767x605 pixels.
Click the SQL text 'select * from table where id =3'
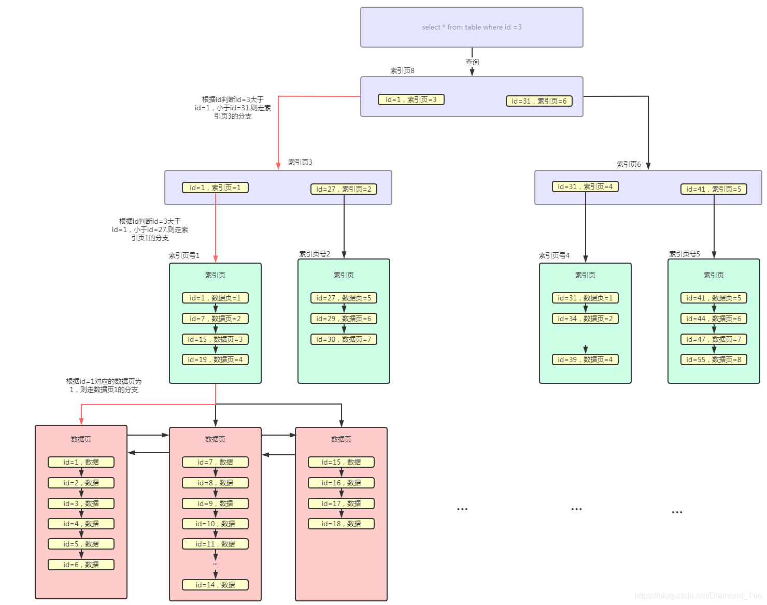pyautogui.click(x=472, y=27)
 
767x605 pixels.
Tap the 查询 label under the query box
pyautogui.click(x=472, y=62)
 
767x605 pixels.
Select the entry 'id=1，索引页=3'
pyautogui.click(x=411, y=99)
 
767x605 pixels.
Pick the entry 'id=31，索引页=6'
pyautogui.click(x=539, y=101)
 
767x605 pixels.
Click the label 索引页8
pyautogui.click(x=402, y=70)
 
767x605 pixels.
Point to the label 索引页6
pyautogui.click(x=629, y=164)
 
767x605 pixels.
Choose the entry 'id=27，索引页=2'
pyautogui.click(x=344, y=189)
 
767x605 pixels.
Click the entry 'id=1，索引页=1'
pyautogui.click(x=215, y=188)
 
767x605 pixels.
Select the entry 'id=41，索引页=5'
pyautogui.click(x=714, y=189)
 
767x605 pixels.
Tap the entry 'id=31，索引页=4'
pyautogui.click(x=585, y=186)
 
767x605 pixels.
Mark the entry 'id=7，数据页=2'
pyautogui.click(x=215, y=319)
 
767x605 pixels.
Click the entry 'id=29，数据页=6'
pyautogui.click(x=344, y=319)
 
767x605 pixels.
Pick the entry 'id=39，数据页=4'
pyautogui.click(x=585, y=359)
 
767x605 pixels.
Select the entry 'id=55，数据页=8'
pyautogui.click(x=714, y=359)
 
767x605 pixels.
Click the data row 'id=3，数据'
pyautogui.click(x=81, y=503)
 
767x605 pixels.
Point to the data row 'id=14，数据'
pyautogui.click(x=215, y=585)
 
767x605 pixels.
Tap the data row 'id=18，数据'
pyautogui.click(x=341, y=524)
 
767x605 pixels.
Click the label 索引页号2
pyautogui.click(x=315, y=254)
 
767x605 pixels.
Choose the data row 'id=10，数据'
pyautogui.click(x=215, y=524)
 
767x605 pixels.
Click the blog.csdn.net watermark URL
pyautogui.click(x=698, y=596)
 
